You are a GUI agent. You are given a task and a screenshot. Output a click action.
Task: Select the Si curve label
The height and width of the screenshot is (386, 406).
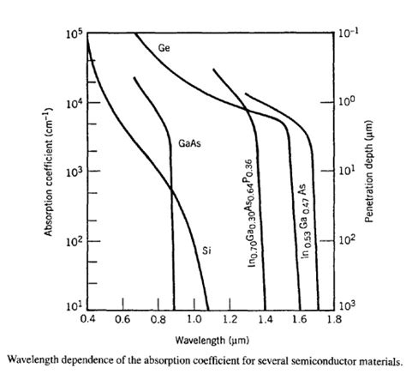pyautogui.click(x=206, y=250)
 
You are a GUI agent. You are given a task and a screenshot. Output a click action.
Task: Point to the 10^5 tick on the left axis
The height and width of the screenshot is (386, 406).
pyautogui.click(x=75, y=34)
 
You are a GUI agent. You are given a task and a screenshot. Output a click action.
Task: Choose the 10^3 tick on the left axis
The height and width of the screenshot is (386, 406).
pyautogui.click(x=75, y=172)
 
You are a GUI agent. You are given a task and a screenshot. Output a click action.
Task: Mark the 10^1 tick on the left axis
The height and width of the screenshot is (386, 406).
pyautogui.click(x=75, y=306)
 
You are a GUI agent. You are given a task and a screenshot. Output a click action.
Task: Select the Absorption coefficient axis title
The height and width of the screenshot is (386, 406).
pyautogui.click(x=52, y=172)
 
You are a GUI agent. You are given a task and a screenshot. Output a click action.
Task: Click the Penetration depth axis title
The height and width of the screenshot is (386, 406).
pyautogui.click(x=378, y=172)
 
